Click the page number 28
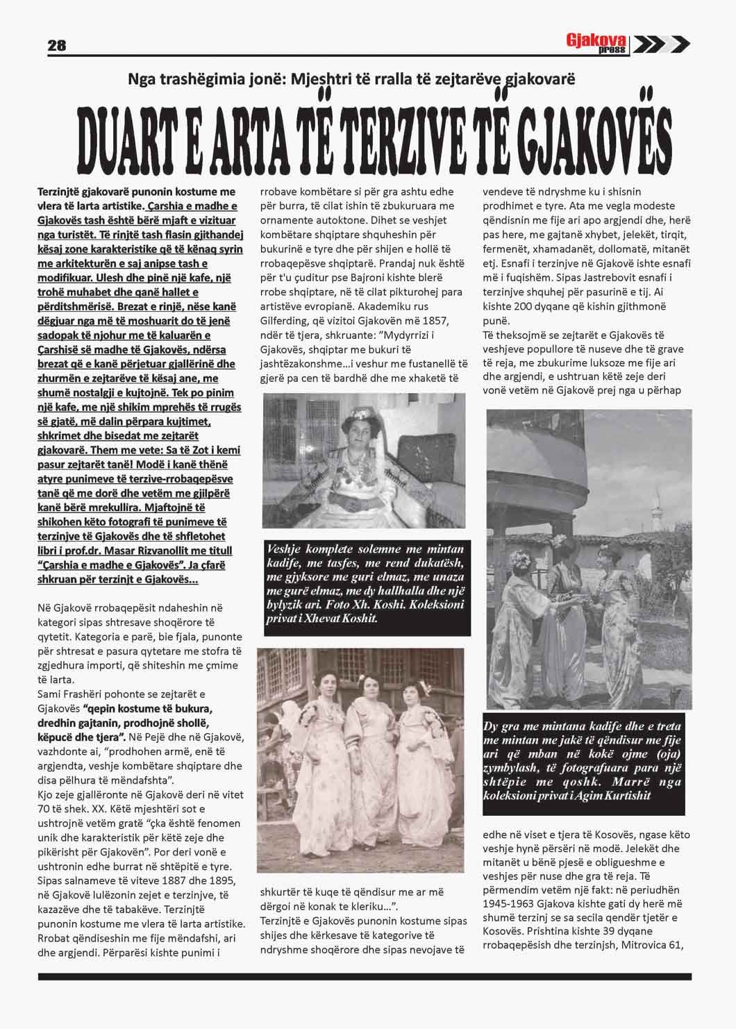click(x=56, y=46)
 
